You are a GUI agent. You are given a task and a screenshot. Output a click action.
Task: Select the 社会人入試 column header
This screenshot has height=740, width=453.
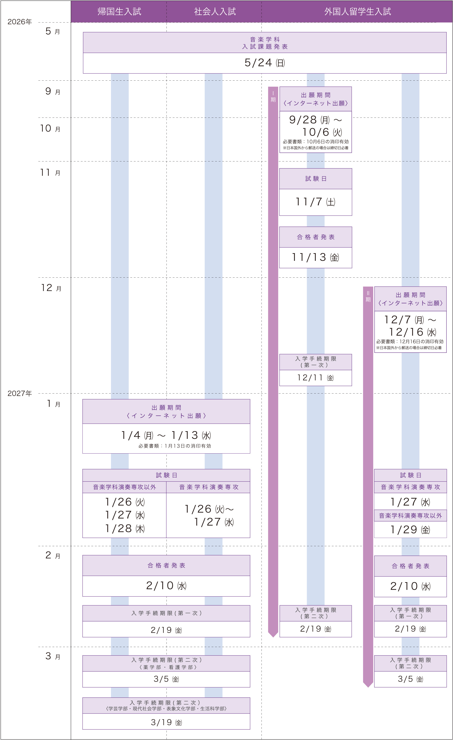(x=214, y=11)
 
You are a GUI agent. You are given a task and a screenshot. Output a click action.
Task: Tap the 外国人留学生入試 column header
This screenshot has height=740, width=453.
(x=357, y=11)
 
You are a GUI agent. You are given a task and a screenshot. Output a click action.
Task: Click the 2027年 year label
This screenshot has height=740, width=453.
(x=19, y=393)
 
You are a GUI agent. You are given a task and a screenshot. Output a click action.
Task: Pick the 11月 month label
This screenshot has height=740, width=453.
(x=50, y=173)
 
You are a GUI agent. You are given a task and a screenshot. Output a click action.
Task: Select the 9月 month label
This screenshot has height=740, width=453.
(x=53, y=91)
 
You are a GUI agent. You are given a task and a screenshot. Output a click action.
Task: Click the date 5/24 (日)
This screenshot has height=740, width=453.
(x=264, y=63)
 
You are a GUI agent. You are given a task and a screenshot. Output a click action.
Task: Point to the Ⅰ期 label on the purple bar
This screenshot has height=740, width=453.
(x=273, y=97)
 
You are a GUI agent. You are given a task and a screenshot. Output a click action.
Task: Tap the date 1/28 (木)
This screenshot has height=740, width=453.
(x=125, y=529)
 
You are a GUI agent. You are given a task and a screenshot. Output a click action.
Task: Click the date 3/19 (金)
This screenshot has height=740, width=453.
(x=166, y=722)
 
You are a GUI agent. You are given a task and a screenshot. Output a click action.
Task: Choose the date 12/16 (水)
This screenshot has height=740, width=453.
(x=412, y=332)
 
